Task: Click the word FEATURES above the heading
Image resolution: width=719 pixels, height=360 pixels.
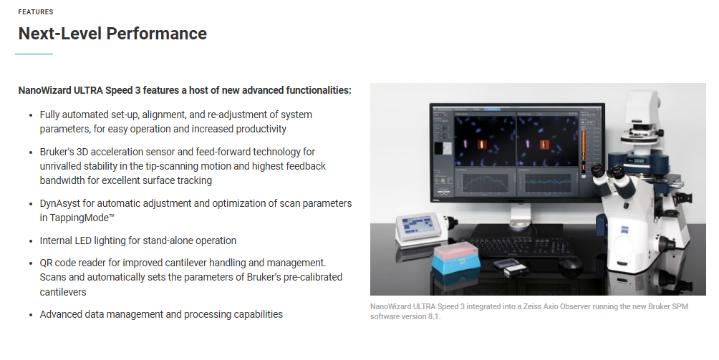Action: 36,12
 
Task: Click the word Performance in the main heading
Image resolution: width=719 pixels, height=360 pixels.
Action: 156,34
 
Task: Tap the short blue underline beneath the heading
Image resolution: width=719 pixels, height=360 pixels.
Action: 34,54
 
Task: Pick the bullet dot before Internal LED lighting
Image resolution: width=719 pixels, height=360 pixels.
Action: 31,241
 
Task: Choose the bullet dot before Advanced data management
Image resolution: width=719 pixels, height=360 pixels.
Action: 31,315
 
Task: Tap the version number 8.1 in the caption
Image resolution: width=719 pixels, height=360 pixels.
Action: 434,316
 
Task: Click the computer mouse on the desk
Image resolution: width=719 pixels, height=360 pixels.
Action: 569,263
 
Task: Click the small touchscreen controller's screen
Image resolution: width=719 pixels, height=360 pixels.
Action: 418,225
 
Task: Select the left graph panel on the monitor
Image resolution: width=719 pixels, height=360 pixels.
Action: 486,183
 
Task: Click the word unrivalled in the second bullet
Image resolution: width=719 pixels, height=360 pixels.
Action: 62,166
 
